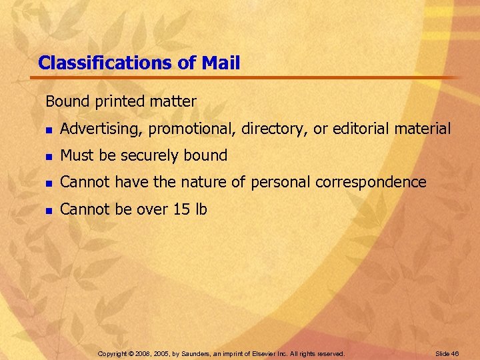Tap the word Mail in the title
219,63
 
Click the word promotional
192,129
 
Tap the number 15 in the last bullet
181,209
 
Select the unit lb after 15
201,209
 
